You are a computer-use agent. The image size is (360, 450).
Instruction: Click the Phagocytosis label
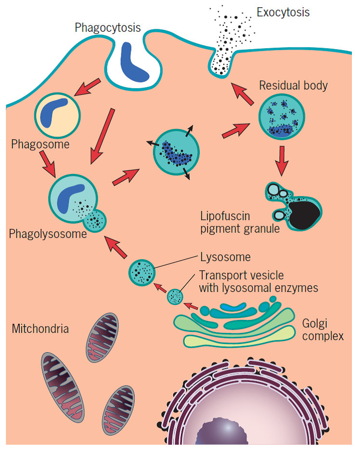point(107,27)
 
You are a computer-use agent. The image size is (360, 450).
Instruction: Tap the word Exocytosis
point(283,12)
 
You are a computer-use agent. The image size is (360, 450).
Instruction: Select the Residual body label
point(293,86)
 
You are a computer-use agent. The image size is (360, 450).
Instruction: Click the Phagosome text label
point(40,144)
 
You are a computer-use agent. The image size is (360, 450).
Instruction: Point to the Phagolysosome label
point(48,234)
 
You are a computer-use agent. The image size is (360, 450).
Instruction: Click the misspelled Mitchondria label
point(40,329)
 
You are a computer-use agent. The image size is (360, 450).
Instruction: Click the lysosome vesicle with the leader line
point(142,272)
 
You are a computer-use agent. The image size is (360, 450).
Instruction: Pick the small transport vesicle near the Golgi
point(175,297)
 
